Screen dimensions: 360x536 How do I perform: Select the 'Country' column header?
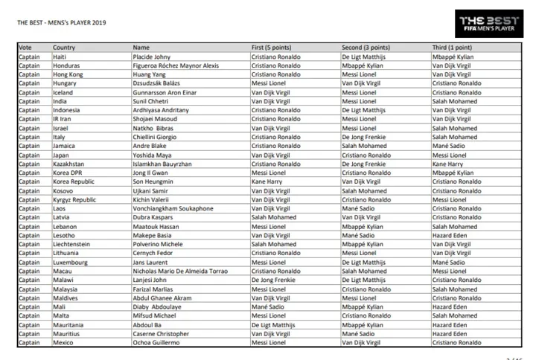tap(64, 48)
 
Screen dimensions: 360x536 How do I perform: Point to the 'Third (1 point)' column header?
tap(452, 48)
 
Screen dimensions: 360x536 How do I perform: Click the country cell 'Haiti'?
tap(60, 57)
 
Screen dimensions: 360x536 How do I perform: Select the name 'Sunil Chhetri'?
tap(150, 101)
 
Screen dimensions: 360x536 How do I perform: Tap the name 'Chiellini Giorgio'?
tap(156, 137)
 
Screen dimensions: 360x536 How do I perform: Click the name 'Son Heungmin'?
tap(151, 181)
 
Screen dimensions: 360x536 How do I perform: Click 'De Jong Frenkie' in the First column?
tap(273, 280)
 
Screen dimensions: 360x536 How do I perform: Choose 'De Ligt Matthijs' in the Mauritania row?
tap(274, 324)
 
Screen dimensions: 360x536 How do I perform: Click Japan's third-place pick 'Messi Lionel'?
tap(450, 155)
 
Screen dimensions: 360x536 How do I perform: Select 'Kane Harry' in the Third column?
tap(447, 164)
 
